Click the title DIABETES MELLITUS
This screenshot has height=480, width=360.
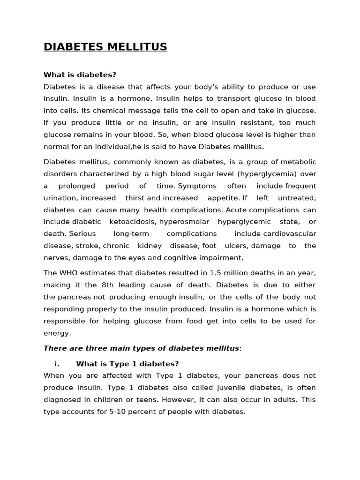pyautogui.click(x=105, y=47)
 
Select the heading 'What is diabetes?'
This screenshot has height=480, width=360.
pyautogui.click(x=80, y=75)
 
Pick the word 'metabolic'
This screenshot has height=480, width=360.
pyautogui.click(x=299, y=162)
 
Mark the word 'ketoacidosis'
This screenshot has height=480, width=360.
pyautogui.click(x=131, y=222)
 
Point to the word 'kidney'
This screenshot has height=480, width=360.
pyautogui.click(x=150, y=246)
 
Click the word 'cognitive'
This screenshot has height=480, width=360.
pyautogui.click(x=204, y=257)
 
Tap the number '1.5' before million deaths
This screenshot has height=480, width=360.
pyautogui.click(x=216, y=273)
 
